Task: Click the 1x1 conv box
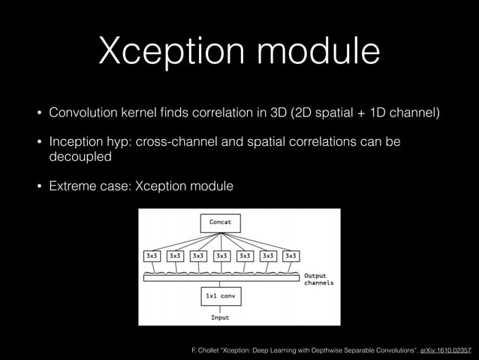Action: [220, 297]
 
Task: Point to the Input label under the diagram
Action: [219, 317]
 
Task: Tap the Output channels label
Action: [318, 280]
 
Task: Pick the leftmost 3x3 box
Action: [152, 256]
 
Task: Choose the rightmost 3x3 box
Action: [291, 256]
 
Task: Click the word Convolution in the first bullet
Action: [84, 113]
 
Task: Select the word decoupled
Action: [80, 158]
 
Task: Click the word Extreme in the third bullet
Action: [74, 186]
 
